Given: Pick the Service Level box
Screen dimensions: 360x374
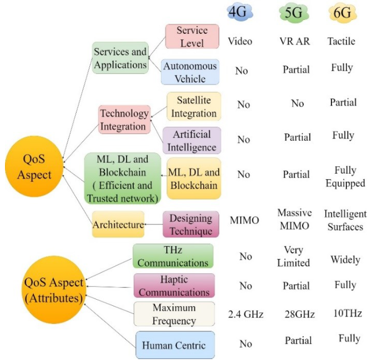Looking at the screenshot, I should pos(192,37).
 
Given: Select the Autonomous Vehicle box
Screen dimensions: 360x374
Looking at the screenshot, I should pos(190,72).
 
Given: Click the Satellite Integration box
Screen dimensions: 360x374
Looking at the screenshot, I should pos(194,106).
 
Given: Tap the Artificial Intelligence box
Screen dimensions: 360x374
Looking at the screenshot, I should pos(192,140).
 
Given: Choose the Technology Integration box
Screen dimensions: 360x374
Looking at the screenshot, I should pos(124,120).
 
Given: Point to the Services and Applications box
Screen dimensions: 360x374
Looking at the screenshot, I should pos(120,58).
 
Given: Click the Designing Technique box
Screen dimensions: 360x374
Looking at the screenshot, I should pos(191,224).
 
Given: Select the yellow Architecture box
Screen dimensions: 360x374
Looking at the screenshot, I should pos(118,224).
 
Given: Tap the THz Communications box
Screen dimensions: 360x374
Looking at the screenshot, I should pos(173,256).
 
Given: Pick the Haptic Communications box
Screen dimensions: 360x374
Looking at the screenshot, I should pos(174,286).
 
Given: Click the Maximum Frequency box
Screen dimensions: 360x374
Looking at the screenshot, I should pos(174,314).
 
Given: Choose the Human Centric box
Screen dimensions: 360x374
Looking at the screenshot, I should pos(174,345).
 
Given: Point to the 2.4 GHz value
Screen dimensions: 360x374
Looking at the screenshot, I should pos(246,314).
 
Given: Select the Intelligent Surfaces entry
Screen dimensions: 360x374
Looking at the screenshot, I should pos(344,220).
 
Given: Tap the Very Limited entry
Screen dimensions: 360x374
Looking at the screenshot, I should pos(294,256).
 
